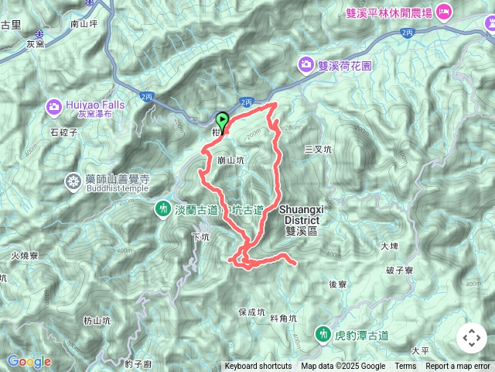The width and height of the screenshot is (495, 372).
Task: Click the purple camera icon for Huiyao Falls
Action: (x=54, y=106)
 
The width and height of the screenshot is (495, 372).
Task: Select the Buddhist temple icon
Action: (x=73, y=181)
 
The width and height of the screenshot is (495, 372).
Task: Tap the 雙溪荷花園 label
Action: (x=344, y=66)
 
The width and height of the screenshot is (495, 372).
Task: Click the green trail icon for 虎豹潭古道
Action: (x=322, y=335)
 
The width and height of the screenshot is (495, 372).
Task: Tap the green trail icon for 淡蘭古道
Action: (x=163, y=208)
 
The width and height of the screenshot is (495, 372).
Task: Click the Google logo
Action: (x=29, y=361)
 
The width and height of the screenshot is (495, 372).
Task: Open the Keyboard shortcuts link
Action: (x=258, y=367)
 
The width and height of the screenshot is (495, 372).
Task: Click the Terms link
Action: (x=405, y=367)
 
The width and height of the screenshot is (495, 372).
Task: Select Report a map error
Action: (x=458, y=367)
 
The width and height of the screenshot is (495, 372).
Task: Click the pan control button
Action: (x=471, y=338)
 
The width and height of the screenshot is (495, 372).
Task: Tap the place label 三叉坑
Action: (x=318, y=149)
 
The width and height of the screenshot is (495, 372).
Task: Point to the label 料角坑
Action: (x=284, y=318)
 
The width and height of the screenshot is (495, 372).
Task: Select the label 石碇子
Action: (x=64, y=133)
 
